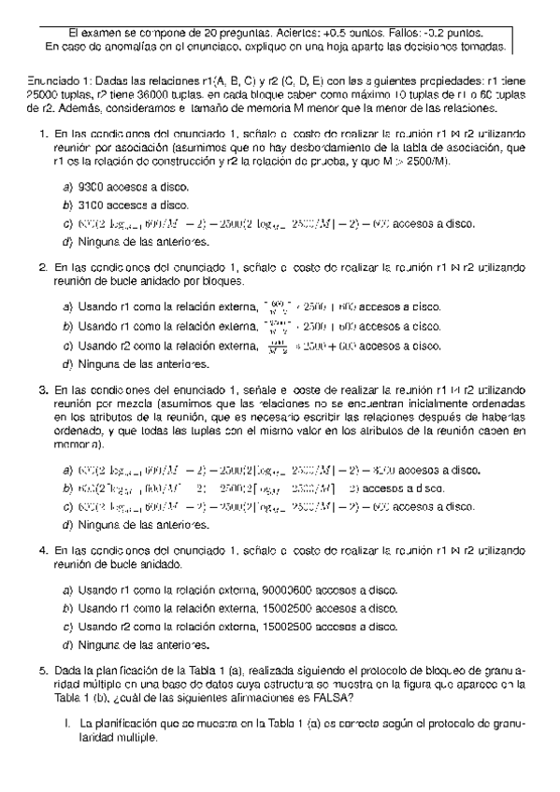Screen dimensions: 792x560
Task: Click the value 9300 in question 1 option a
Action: coord(93,187)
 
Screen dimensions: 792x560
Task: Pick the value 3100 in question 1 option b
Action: coord(93,205)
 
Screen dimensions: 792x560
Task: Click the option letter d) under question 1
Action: coord(66,242)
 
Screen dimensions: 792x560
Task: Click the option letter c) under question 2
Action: coord(66,346)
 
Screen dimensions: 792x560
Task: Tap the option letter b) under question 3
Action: coord(66,488)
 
